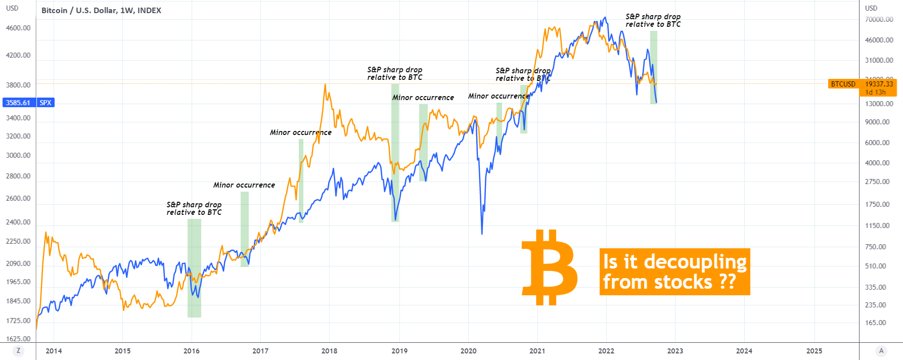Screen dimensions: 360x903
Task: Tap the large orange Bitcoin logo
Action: click(x=550, y=267)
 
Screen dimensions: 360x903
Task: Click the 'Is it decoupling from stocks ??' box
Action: click(x=674, y=272)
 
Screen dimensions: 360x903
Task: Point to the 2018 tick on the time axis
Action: click(x=329, y=351)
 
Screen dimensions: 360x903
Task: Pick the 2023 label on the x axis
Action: click(x=675, y=351)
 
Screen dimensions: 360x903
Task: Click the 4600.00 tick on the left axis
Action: click(x=18, y=28)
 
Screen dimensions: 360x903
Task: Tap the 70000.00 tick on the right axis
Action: click(x=879, y=19)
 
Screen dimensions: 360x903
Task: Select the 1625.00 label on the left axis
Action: click(x=18, y=339)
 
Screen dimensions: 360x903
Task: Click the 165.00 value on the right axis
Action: click(x=876, y=323)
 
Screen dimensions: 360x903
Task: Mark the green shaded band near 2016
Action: click(x=194, y=268)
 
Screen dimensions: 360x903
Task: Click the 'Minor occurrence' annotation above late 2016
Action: click(x=244, y=185)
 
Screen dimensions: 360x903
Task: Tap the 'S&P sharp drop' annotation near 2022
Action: click(x=653, y=20)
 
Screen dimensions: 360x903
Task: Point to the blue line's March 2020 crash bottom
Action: click(x=482, y=234)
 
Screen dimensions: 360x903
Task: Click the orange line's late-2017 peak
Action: click(x=325, y=84)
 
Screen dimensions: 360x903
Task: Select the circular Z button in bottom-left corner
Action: click(x=18, y=351)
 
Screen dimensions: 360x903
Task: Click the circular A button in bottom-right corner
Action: click(x=881, y=351)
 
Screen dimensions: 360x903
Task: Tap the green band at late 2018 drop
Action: click(x=395, y=152)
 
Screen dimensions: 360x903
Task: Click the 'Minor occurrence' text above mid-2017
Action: click(x=300, y=132)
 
